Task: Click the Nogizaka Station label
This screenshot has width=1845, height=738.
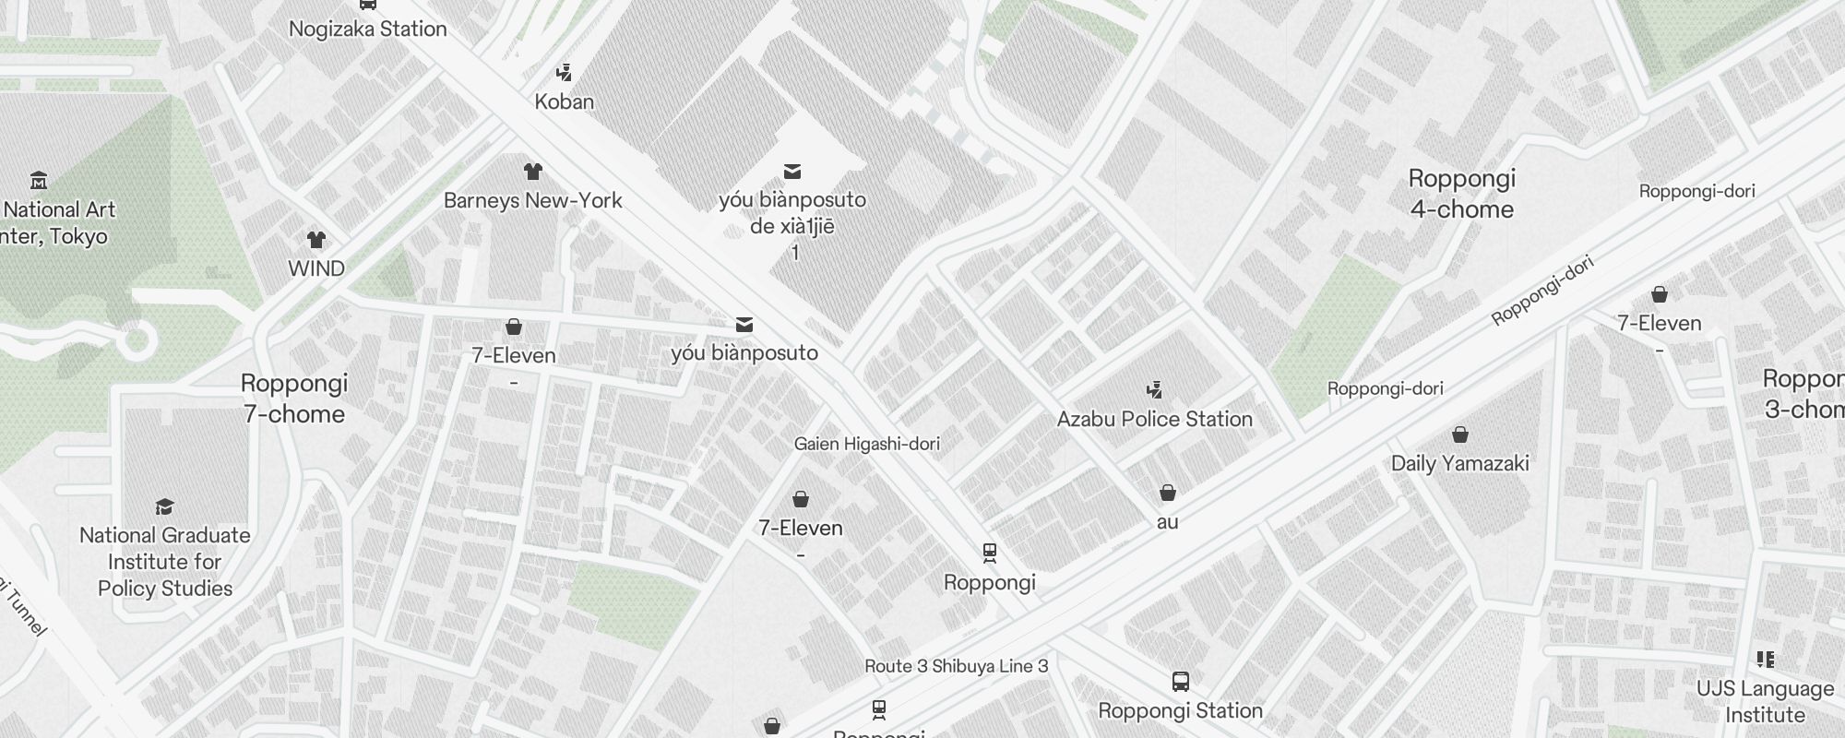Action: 367,29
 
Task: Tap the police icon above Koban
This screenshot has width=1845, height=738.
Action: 564,72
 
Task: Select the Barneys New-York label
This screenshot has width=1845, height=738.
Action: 532,200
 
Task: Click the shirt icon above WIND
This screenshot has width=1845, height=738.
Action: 316,241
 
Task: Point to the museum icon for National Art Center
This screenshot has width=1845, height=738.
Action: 39,180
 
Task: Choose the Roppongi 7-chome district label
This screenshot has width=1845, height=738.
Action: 294,399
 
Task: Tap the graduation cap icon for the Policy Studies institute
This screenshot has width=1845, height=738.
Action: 164,506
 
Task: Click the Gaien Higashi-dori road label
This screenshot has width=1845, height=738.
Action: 866,444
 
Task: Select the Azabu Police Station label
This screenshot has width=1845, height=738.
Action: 1154,419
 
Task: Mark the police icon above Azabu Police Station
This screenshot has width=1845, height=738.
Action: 1153,389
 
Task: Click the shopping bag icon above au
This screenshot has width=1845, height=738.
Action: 1167,493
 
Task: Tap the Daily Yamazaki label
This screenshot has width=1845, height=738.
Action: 1459,463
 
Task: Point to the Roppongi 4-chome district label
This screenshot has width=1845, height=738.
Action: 1461,194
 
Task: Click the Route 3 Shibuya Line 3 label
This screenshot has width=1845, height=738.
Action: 956,666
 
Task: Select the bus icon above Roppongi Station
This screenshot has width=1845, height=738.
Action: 1180,682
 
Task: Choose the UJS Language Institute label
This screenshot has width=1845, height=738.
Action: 1765,701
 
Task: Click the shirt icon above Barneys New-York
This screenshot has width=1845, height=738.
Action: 532,172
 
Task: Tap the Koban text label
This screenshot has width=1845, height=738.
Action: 564,101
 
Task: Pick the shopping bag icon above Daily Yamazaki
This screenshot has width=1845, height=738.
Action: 1459,434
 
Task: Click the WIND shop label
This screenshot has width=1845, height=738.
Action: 316,268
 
